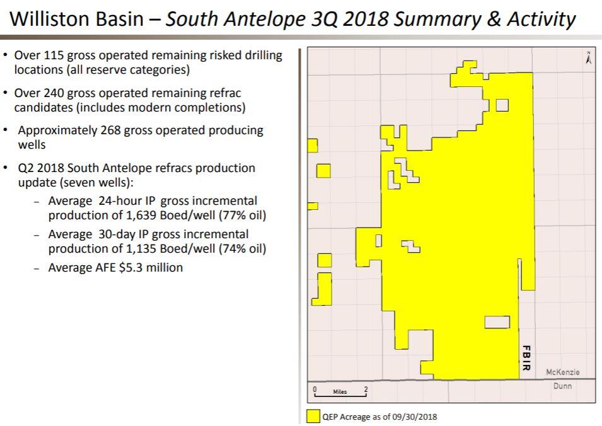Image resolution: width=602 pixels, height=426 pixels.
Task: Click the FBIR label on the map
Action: [526, 358]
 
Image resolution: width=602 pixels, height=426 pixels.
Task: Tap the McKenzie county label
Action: [562, 372]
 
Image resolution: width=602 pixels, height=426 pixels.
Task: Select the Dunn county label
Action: [562, 386]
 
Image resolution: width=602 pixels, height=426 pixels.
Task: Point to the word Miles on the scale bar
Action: [340, 391]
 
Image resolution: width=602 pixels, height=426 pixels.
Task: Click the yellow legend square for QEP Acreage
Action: [313, 417]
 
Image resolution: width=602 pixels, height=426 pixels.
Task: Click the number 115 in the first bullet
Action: [54, 55]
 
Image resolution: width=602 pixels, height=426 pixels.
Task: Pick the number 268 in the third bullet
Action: [110, 130]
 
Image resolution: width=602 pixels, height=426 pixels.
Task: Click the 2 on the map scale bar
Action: [366, 389]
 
